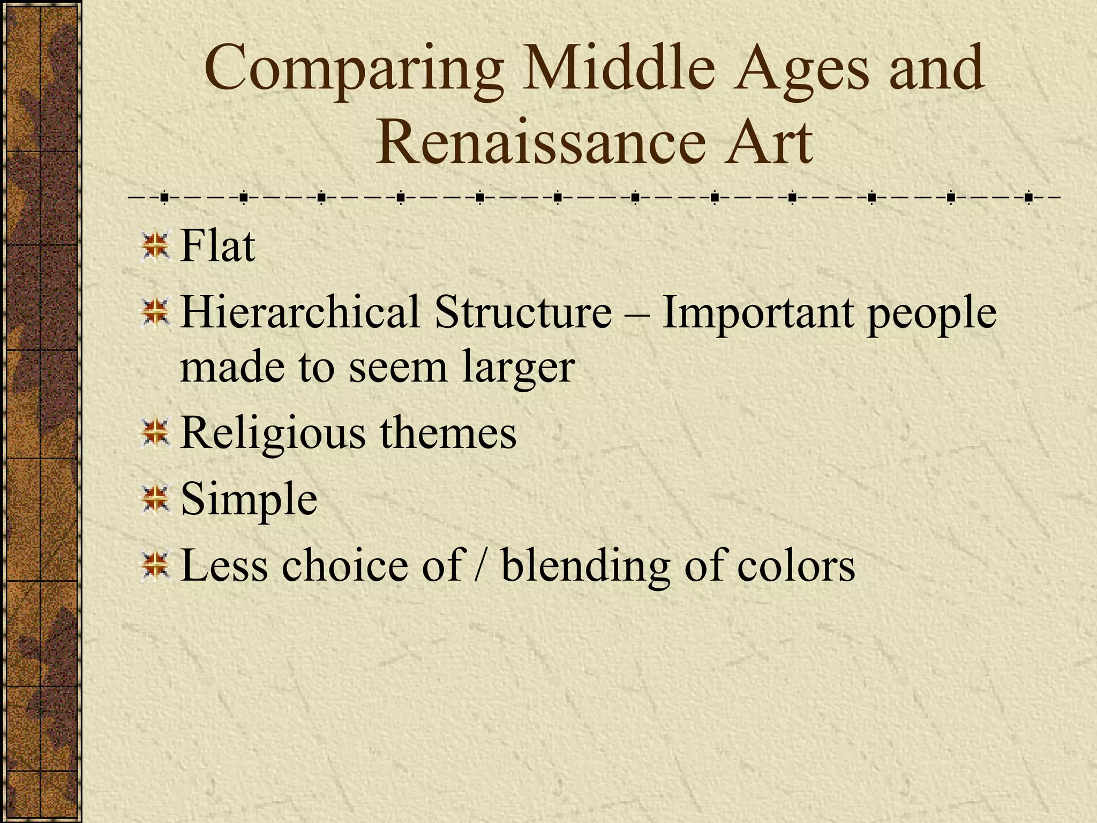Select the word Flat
click(217, 246)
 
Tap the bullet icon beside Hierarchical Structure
click(156, 312)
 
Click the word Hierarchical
click(300, 312)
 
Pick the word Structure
click(523, 312)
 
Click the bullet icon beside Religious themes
click(156, 433)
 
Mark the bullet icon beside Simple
click(156, 499)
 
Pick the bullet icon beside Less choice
click(156, 566)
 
